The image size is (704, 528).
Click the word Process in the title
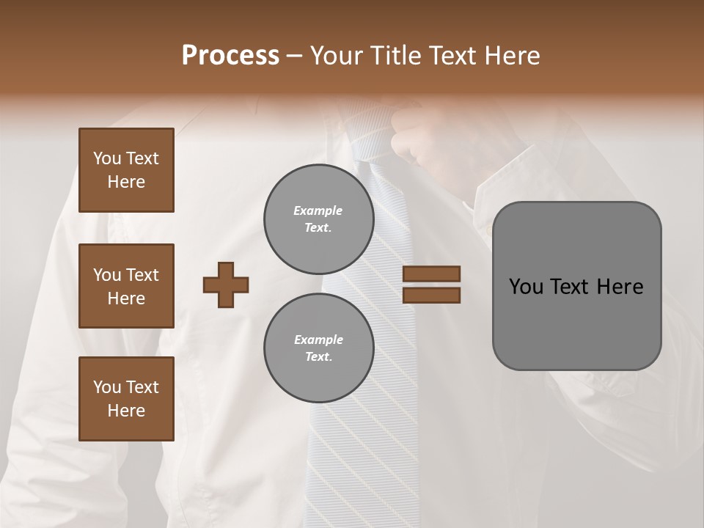[230, 56]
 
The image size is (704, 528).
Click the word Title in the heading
[397, 56]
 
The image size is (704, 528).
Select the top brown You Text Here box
[126, 170]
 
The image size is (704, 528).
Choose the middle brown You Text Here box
[126, 286]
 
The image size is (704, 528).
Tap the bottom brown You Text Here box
[126, 398]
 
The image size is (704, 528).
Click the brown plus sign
[226, 284]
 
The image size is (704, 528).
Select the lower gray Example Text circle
[318, 348]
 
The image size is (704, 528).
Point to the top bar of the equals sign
[431, 274]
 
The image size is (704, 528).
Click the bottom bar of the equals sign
[431, 296]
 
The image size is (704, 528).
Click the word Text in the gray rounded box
[571, 287]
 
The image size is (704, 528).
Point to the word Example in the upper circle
[318, 210]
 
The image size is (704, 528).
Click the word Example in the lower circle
[318, 340]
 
